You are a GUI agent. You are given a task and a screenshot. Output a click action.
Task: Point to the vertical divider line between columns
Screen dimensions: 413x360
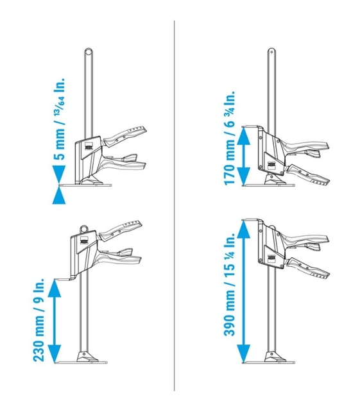click(x=175, y=205)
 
